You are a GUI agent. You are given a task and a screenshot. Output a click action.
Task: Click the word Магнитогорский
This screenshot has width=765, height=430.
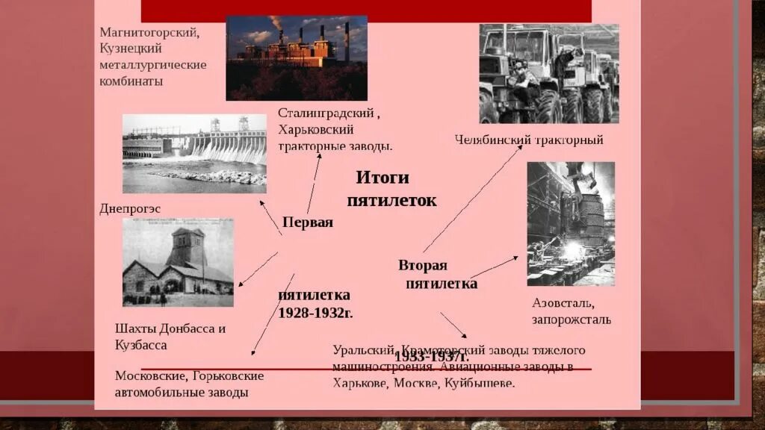[149, 33]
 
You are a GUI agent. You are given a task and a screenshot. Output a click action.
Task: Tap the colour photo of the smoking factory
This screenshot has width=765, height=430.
[297, 58]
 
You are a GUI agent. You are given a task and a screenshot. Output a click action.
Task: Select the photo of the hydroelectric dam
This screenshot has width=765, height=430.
[194, 153]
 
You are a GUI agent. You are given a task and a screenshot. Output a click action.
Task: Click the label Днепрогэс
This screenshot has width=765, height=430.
[130, 209]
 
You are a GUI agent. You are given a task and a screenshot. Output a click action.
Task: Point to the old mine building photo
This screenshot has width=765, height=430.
[178, 262]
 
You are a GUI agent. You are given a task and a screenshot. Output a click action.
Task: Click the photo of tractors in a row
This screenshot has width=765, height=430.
[549, 73]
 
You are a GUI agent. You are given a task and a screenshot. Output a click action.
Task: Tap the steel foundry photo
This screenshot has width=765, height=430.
[571, 223]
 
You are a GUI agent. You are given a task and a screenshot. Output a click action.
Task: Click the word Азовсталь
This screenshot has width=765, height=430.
[563, 303]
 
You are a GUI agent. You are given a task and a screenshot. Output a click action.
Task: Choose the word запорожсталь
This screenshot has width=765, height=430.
[572, 320]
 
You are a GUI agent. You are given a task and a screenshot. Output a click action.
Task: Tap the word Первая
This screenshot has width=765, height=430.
[308, 222]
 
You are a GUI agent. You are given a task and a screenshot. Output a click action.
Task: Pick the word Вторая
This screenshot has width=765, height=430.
[423, 265]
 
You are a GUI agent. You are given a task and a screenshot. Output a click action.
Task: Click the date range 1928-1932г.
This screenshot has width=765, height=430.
[315, 313]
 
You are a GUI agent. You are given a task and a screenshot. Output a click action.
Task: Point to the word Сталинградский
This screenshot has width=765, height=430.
[325, 113]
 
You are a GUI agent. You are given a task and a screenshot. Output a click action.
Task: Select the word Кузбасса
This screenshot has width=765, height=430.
[141, 345]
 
